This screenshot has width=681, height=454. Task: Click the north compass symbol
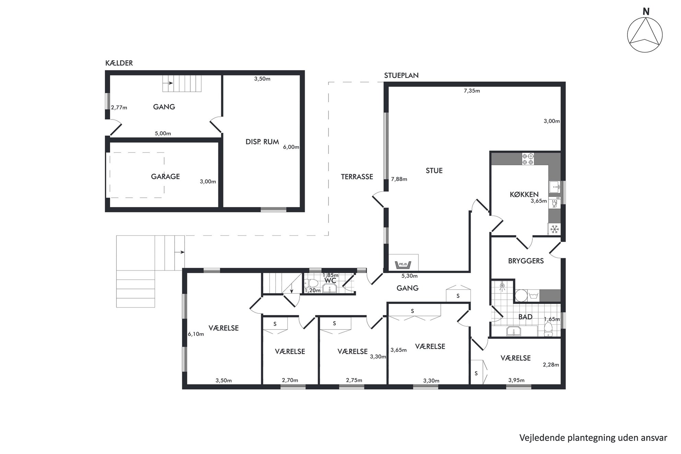pyautogui.click(x=645, y=35)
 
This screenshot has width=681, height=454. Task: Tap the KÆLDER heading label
pyautogui.click(x=119, y=63)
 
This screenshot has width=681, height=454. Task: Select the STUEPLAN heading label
pyautogui.click(x=401, y=75)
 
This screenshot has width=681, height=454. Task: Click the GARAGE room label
pyautogui.click(x=165, y=176)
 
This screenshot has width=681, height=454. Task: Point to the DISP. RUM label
pyautogui.click(x=262, y=142)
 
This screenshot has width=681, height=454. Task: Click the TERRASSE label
pyautogui.click(x=357, y=177)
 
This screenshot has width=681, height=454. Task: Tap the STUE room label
pyautogui.click(x=434, y=171)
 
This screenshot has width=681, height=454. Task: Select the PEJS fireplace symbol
pyautogui.click(x=403, y=265)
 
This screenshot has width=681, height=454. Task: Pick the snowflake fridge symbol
pyautogui.click(x=554, y=229)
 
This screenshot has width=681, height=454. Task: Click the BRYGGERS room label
pyautogui.click(x=526, y=261)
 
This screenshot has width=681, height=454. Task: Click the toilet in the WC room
pyautogui.click(x=312, y=283)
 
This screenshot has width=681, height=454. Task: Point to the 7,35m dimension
pyautogui.click(x=472, y=91)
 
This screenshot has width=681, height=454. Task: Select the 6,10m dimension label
pyautogui.click(x=196, y=334)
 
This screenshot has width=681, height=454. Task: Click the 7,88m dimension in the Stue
pyautogui.click(x=399, y=179)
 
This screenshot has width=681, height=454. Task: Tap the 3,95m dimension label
pyautogui.click(x=516, y=380)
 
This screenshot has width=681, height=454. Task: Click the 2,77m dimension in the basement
pyautogui.click(x=119, y=108)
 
